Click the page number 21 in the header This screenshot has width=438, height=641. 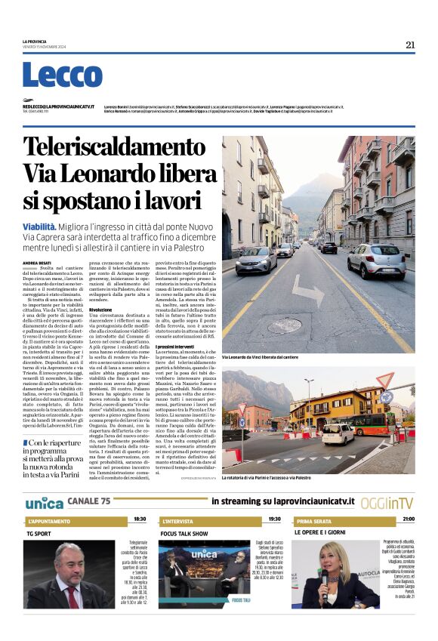point(410,45)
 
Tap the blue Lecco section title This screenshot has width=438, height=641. point(62,76)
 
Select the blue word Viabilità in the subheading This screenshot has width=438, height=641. point(39,226)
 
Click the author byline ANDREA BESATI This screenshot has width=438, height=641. point(37,262)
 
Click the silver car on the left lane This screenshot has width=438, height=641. point(257,261)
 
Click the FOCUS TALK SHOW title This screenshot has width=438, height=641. point(184,532)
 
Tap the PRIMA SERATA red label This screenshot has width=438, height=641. point(315,521)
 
